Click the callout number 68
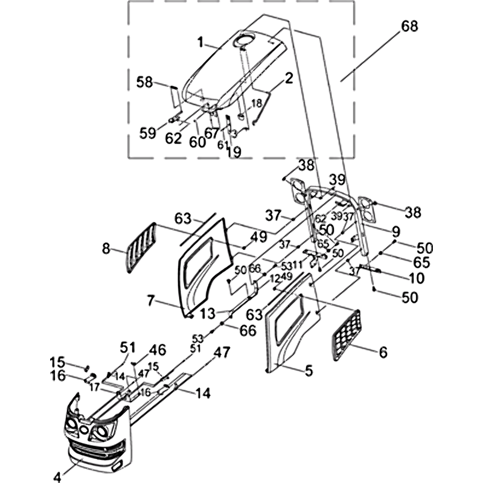tap(409, 27)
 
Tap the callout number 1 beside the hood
tap(200, 42)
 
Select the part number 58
tap(145, 82)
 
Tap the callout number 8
tap(106, 247)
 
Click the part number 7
tap(151, 300)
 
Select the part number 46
tap(158, 350)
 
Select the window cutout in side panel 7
tap(202, 257)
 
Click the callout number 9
tap(396, 231)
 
